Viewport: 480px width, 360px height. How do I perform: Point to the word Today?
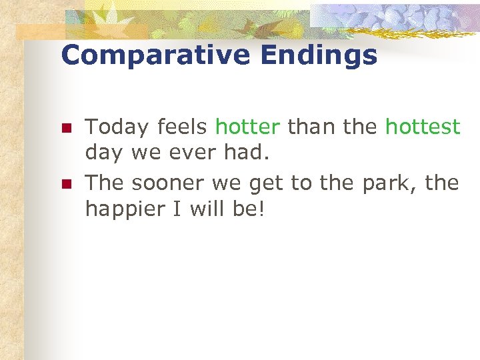pyautogui.click(x=117, y=127)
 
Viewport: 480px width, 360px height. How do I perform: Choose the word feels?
pyautogui.click(x=183, y=126)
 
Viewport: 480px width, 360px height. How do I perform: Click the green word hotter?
pyautogui.click(x=247, y=126)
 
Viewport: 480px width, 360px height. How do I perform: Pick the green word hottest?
pyautogui.click(x=423, y=126)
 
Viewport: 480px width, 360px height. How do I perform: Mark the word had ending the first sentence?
pyautogui.click(x=248, y=153)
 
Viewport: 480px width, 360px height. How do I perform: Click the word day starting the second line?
pyautogui.click(x=104, y=154)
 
